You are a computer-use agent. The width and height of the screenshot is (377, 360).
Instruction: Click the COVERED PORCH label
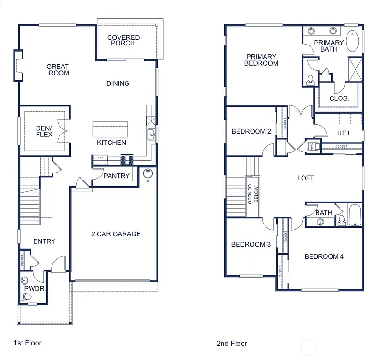(x=123, y=40)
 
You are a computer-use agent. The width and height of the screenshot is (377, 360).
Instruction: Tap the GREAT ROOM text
(x=58, y=70)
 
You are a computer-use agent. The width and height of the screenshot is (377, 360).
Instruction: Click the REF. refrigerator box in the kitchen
(x=100, y=159)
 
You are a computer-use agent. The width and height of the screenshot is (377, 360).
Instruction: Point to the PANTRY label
(x=117, y=176)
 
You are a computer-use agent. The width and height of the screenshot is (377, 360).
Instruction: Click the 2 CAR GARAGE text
(x=116, y=234)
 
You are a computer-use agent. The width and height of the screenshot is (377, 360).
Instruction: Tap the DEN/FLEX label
(x=44, y=131)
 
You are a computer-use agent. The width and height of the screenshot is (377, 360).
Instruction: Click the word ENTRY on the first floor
(x=44, y=241)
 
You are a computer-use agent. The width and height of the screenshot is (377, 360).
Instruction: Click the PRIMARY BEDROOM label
(x=261, y=60)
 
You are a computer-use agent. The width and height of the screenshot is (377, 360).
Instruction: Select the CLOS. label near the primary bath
(x=339, y=98)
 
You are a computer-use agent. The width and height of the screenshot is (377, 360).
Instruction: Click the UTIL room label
(x=344, y=133)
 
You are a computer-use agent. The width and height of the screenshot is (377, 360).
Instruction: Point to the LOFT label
(x=305, y=178)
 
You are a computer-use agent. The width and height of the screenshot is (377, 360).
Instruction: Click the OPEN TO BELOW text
(x=253, y=194)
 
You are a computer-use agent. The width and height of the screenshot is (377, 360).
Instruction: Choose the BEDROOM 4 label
(x=324, y=256)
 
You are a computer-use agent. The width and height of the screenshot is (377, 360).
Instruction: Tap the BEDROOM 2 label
(x=251, y=131)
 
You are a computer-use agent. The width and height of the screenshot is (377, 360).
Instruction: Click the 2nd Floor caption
(x=231, y=344)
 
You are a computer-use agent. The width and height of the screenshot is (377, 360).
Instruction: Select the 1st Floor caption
(x=27, y=343)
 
